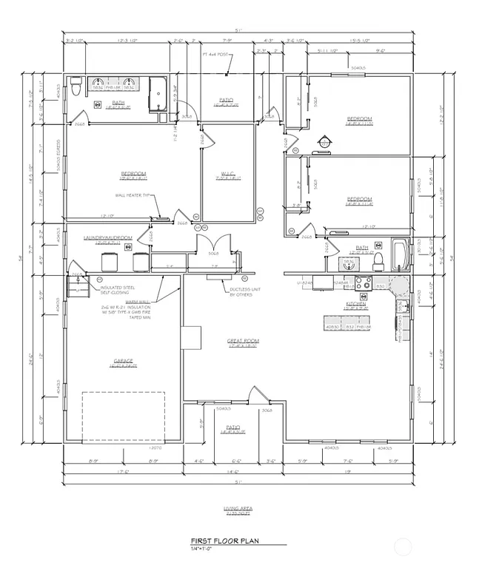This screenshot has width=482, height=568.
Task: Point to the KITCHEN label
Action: coord(357,304)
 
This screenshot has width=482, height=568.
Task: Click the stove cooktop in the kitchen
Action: coord(363,282)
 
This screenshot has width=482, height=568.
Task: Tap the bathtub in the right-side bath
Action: coord(399,254)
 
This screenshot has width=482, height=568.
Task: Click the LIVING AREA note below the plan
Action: coord(238,510)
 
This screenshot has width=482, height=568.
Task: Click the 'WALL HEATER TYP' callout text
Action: coord(133,196)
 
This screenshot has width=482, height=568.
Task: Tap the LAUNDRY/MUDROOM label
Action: coord(108,238)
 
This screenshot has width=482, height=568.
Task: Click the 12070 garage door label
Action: coord(155,448)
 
